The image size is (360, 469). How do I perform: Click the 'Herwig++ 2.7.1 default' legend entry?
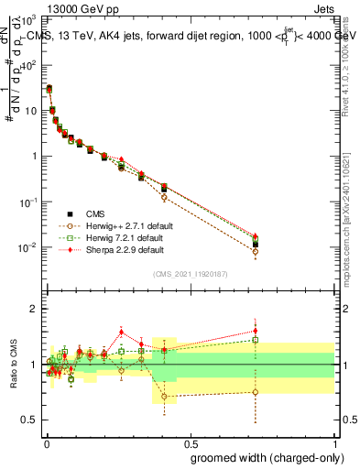(125, 224)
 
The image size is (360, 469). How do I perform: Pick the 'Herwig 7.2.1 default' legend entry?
(122, 236)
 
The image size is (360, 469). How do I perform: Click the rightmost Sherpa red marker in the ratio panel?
(256, 331)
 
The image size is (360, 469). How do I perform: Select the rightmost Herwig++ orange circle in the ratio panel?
(256, 392)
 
